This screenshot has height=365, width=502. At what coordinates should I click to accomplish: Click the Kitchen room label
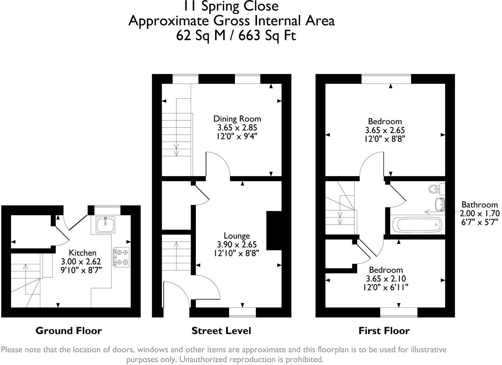tap(82, 253)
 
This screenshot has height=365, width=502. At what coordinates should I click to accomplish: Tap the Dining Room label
tap(237, 119)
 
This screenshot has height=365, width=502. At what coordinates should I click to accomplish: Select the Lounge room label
tap(237, 236)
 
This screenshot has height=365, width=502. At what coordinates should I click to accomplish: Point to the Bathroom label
tap(479, 205)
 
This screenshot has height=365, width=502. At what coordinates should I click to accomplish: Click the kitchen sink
tap(105, 225)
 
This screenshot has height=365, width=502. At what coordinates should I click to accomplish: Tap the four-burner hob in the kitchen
tap(121, 257)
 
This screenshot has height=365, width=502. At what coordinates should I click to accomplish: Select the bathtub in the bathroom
tap(417, 225)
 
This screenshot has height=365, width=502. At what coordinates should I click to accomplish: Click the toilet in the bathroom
tap(436, 189)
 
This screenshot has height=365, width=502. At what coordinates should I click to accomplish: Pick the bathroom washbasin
tap(440, 204)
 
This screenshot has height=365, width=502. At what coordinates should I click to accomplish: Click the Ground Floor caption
tap(69, 331)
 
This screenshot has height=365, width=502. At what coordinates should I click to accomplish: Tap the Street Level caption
tap(221, 331)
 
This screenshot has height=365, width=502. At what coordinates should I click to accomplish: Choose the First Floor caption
tap(384, 331)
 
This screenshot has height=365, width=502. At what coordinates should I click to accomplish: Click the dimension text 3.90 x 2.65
tap(237, 244)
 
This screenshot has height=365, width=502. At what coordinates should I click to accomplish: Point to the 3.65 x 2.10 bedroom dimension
tap(386, 278)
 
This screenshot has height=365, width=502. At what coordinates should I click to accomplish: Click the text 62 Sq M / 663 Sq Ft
tap(236, 35)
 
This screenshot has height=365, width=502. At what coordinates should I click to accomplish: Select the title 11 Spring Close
tap(231, 6)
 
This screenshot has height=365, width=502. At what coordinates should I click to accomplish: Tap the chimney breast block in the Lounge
tap(274, 230)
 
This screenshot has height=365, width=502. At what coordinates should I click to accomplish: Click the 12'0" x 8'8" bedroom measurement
tap(385, 139)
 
